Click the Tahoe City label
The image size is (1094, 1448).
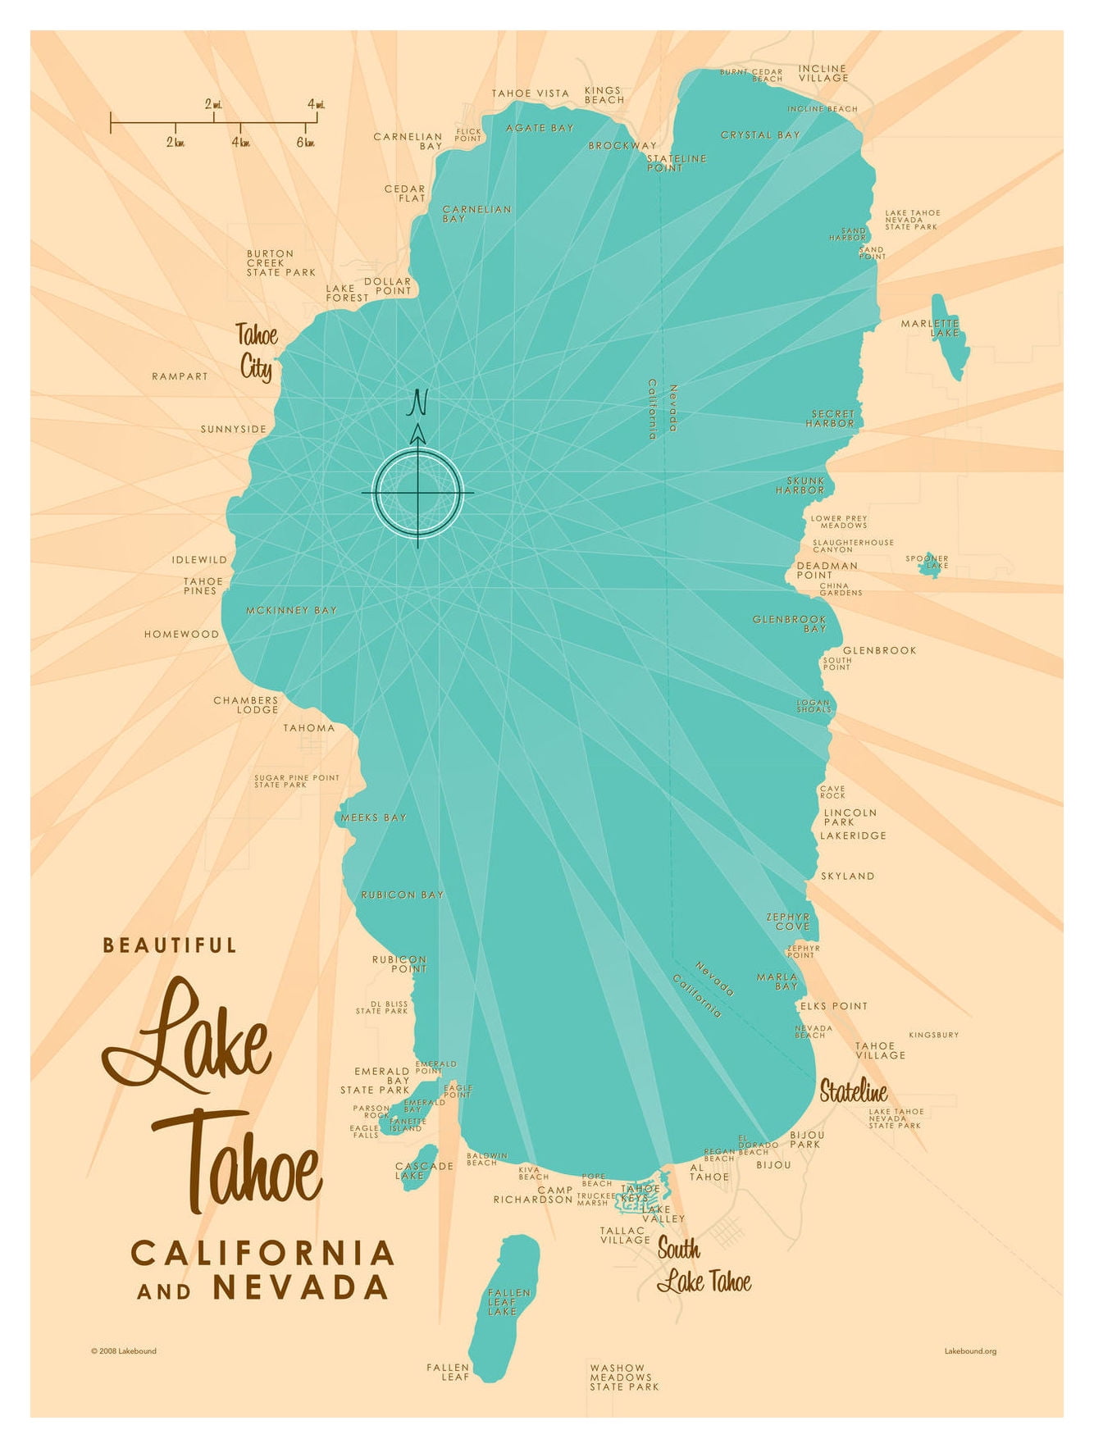click(257, 351)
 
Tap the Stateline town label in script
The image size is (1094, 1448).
click(853, 1091)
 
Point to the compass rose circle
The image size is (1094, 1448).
click(418, 493)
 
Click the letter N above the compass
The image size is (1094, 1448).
click(419, 402)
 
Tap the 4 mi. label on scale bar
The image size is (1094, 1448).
click(316, 104)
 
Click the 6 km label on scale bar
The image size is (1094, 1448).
click(305, 143)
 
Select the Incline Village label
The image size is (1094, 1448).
click(823, 74)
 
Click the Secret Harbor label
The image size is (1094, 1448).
click(832, 419)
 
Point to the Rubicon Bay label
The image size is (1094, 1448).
click(402, 895)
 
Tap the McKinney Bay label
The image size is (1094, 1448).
click(291, 611)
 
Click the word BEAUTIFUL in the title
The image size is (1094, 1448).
click(170, 945)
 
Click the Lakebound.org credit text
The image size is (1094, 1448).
click(970, 1351)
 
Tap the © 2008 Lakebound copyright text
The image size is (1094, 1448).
click(124, 1351)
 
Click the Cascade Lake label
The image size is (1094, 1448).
click(423, 1170)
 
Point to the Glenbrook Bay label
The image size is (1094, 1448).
click(790, 624)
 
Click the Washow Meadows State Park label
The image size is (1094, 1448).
click(624, 1377)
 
